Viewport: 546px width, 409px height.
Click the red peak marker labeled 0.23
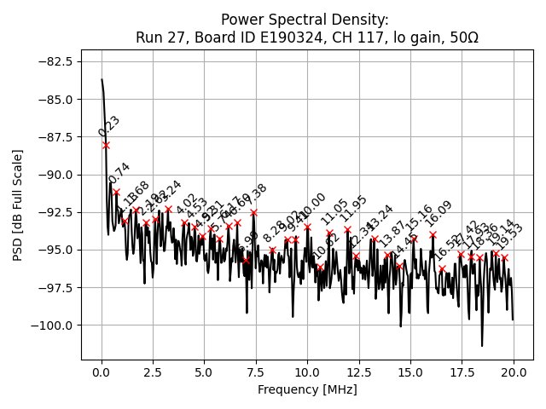[106, 145]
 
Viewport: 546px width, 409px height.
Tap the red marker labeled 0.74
[116, 192]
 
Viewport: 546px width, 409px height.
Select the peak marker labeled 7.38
[253, 212]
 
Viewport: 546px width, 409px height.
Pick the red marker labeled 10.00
[307, 227]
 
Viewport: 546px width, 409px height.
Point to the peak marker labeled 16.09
[433, 234]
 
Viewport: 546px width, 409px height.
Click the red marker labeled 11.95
[347, 229]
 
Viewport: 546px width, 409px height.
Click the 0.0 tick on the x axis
[102, 372]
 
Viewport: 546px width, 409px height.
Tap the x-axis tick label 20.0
[514, 372]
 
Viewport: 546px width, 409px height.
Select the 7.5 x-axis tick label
[256, 372]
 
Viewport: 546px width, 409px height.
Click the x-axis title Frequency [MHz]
[307, 389]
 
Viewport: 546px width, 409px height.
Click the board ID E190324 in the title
[253, 37]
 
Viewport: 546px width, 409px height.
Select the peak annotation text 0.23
[109, 126]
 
